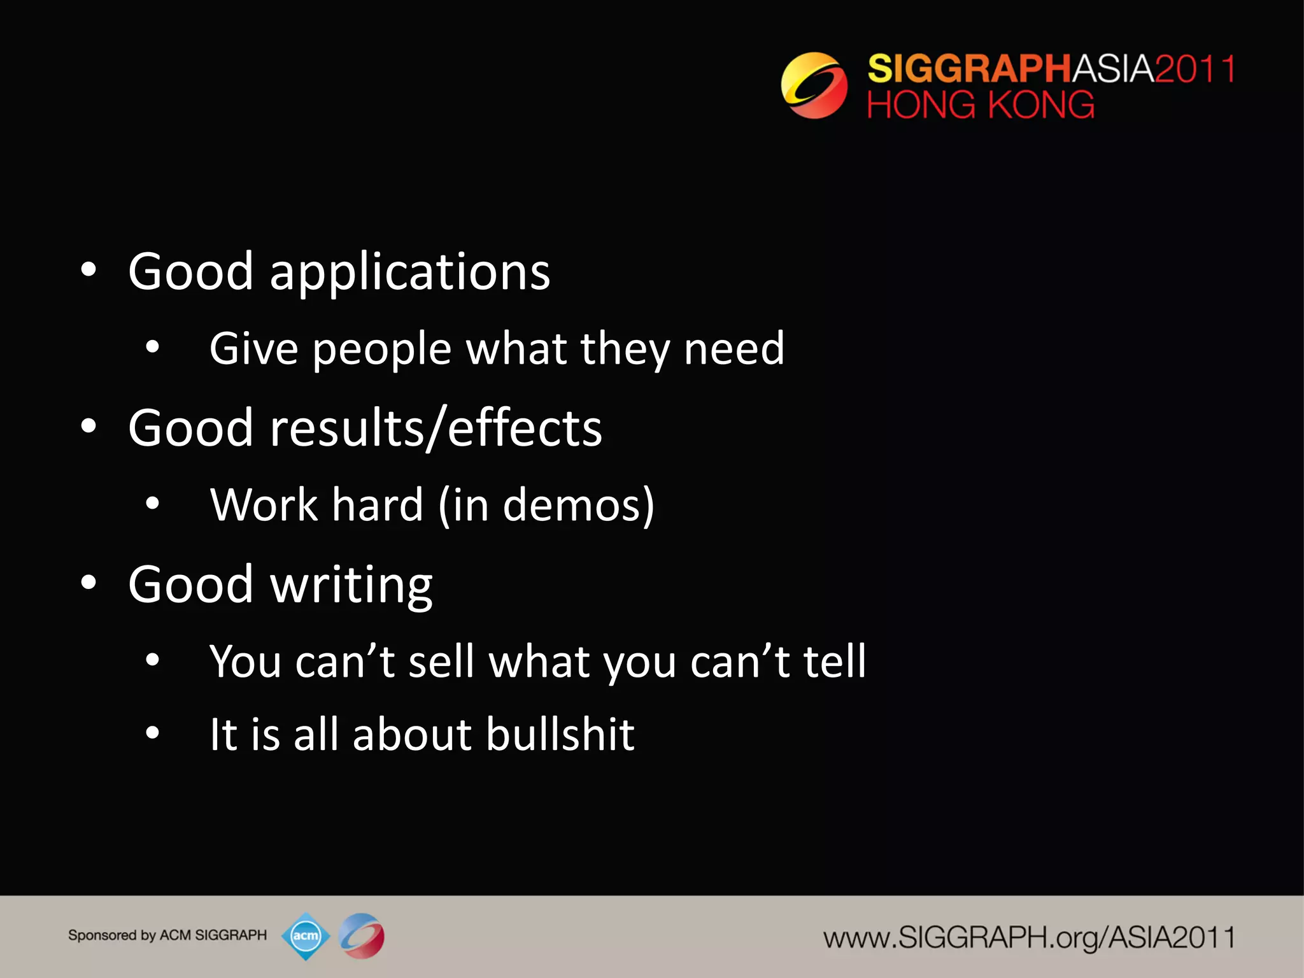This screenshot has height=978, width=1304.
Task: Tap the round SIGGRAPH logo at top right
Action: (814, 85)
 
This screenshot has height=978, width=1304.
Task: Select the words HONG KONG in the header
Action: (980, 105)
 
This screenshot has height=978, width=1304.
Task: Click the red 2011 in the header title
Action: (1195, 69)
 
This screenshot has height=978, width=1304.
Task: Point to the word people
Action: (381, 350)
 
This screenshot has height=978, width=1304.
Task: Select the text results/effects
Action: (436, 428)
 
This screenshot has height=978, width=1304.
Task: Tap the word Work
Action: (263, 505)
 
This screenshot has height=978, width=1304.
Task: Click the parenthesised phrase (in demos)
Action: (546, 505)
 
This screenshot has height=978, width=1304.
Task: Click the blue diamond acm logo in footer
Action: (306, 936)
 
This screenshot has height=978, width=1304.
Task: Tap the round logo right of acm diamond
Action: (361, 936)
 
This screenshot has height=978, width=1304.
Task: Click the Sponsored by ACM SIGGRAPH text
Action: (167, 935)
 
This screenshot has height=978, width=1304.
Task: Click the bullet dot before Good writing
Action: (89, 583)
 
